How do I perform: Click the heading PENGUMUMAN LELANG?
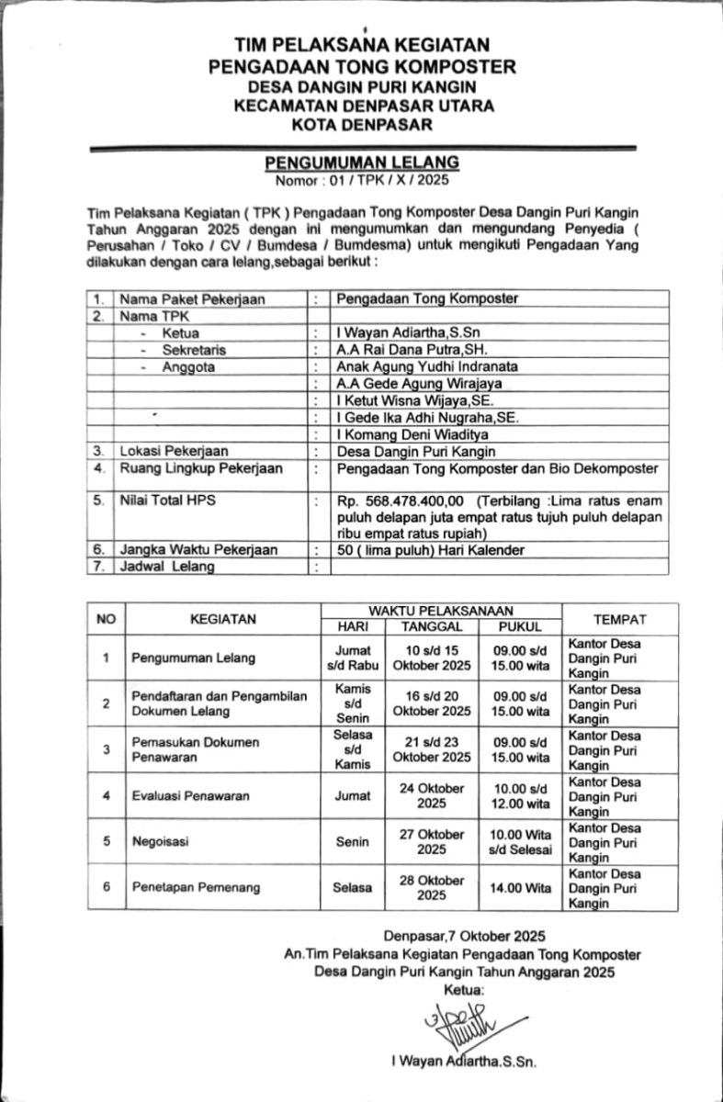pos(361,162)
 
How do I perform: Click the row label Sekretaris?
pos(193,350)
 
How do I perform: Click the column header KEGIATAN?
pos(223,619)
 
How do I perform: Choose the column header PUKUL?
pos(520,626)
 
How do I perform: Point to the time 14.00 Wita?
pos(520,887)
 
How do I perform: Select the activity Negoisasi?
pos(158,841)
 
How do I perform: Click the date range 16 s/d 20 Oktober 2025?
pos(432,703)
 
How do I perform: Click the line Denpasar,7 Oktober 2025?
pos(466,938)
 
